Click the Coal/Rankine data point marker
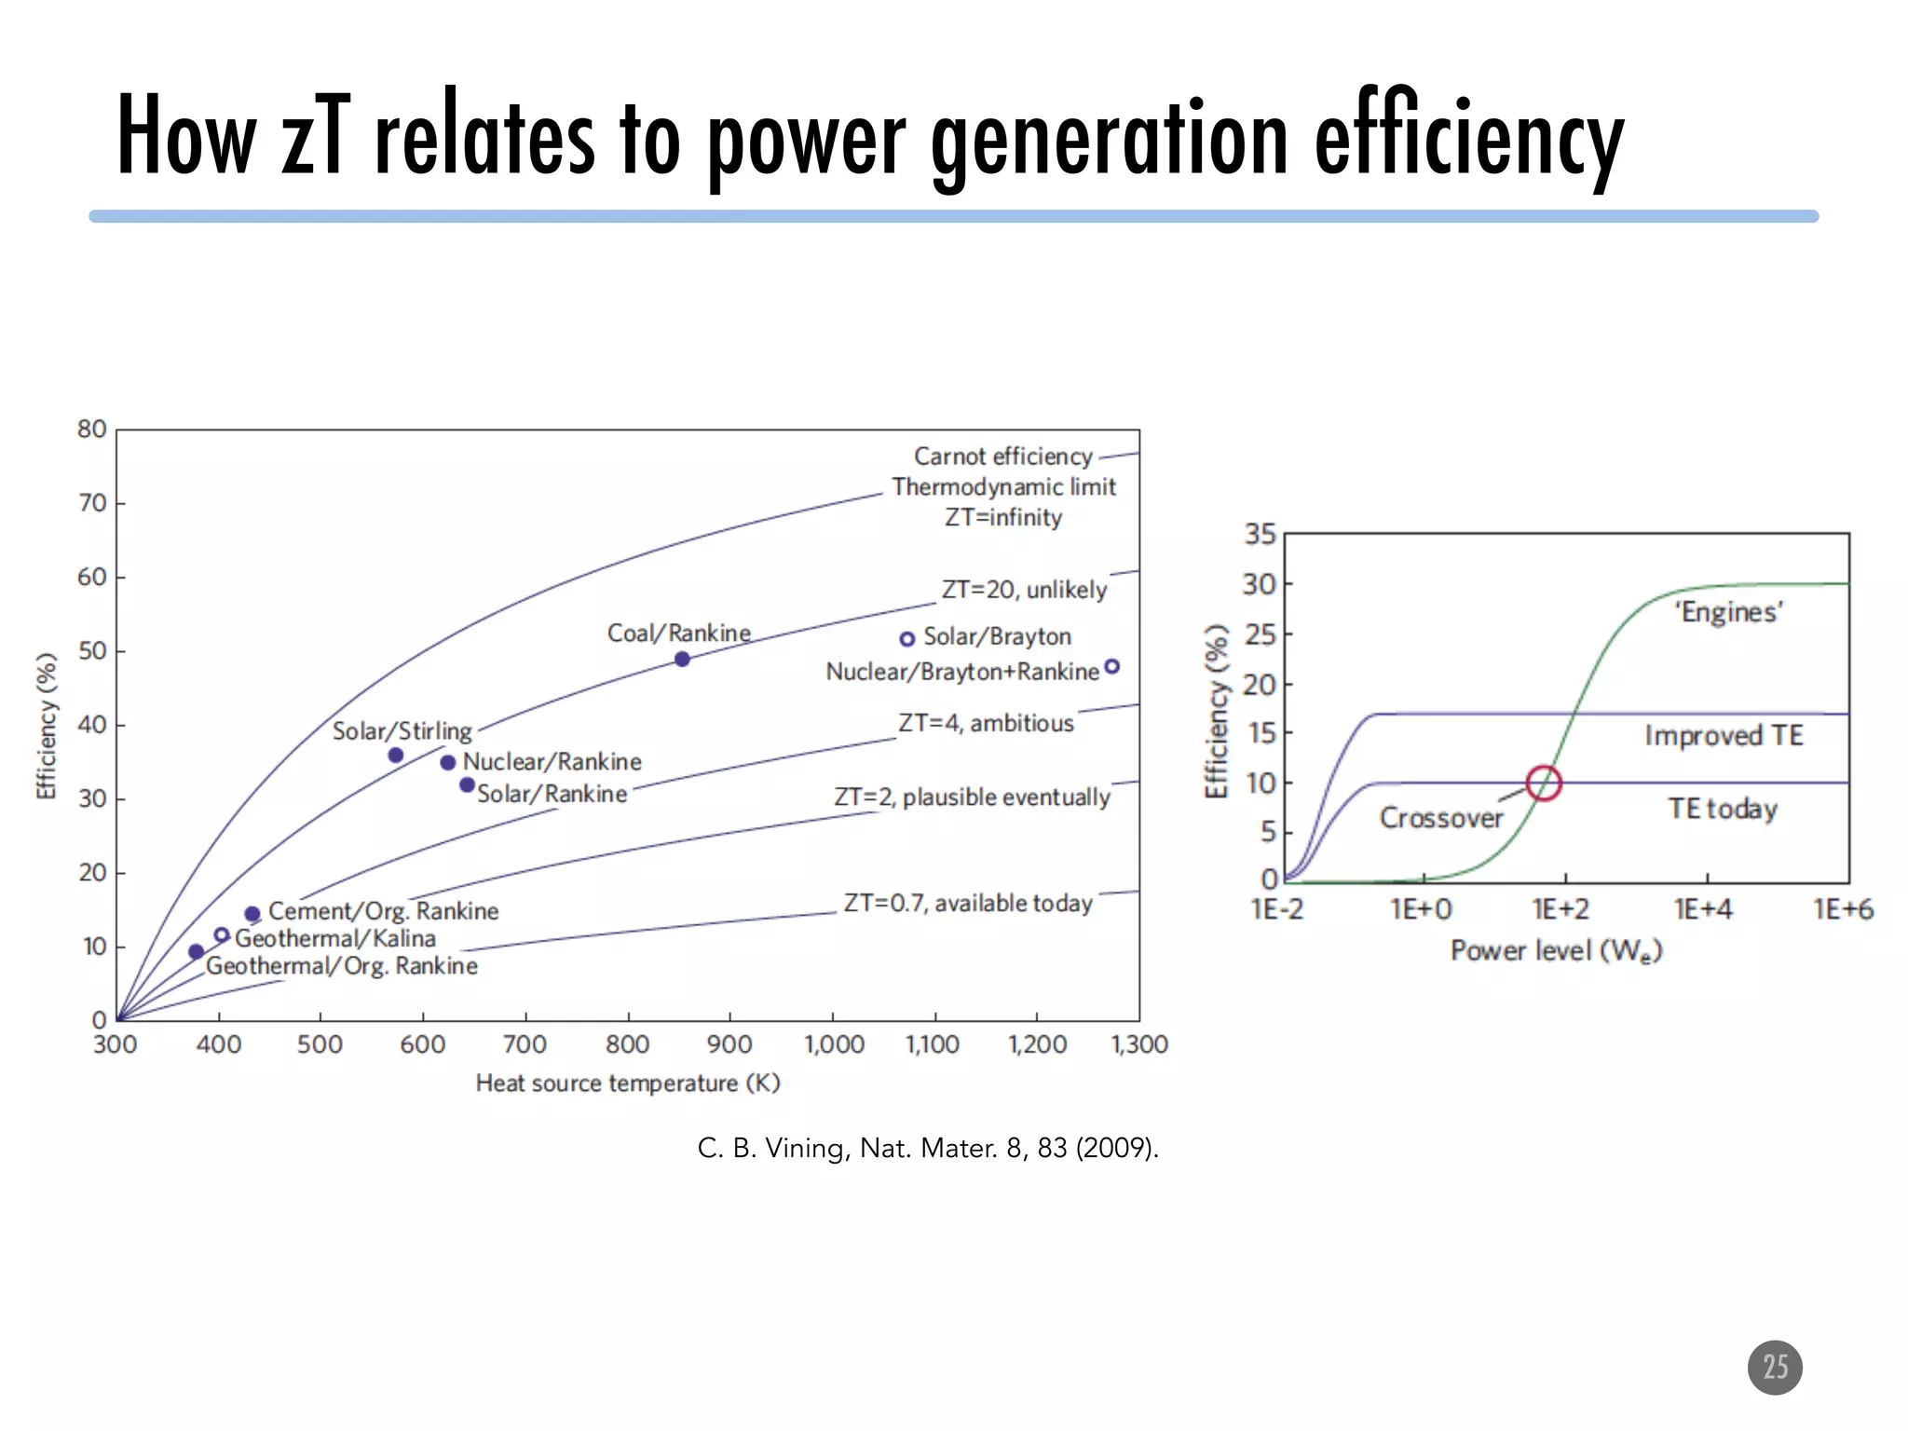[682, 659]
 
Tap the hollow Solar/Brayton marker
[906, 639]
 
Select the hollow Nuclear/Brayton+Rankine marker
[1111, 666]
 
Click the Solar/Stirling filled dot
[395, 755]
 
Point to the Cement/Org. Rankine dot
[252, 914]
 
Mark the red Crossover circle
[1544, 783]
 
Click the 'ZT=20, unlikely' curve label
[1024, 590]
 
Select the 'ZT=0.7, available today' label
[967, 903]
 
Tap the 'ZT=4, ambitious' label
[985, 723]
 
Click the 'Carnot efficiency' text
[1002, 457]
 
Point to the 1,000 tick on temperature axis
[834, 1044]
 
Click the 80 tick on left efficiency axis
[91, 429]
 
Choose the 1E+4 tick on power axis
[1703, 909]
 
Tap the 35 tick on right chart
[1260, 535]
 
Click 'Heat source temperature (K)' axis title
[627, 1083]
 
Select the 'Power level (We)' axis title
[1556, 950]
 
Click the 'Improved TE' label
[1724, 735]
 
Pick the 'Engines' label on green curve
[1728, 612]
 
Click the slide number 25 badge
[1774, 1367]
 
